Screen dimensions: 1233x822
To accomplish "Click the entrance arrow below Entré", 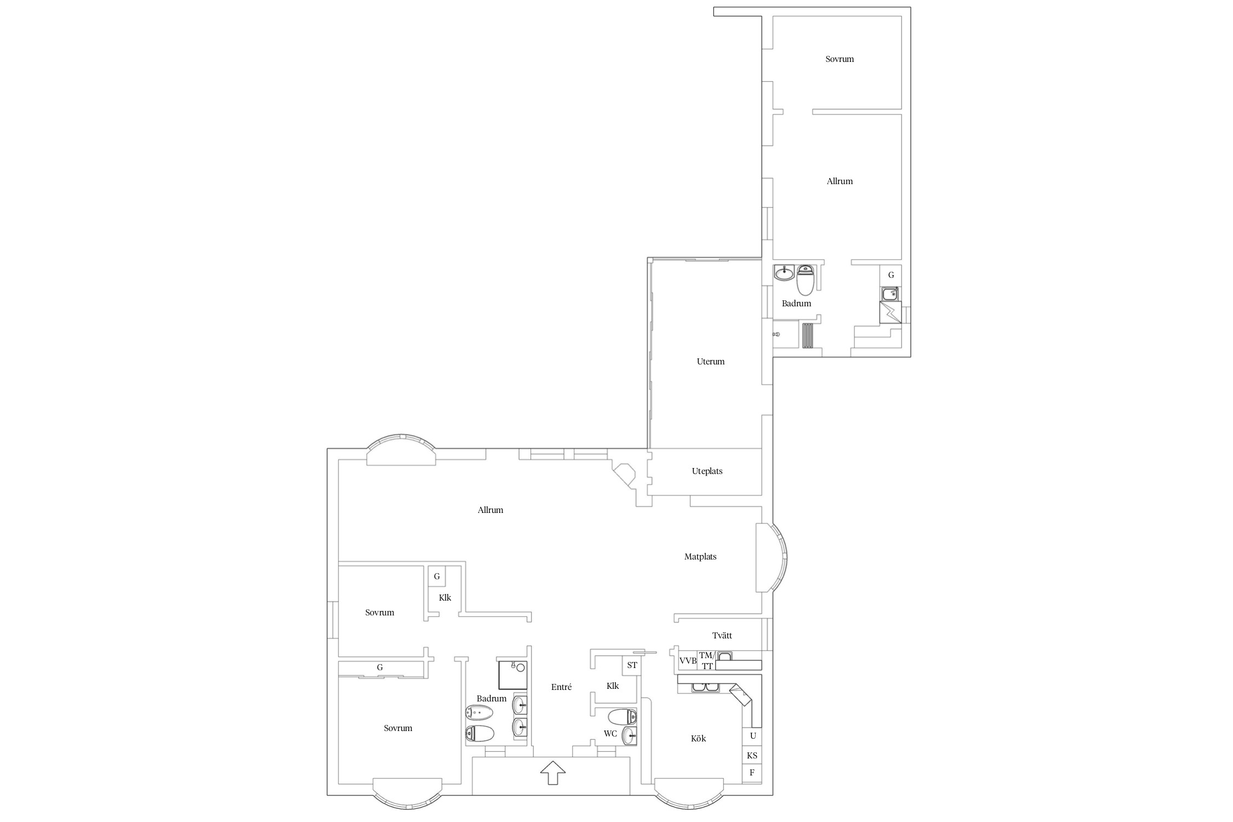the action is pos(552,773).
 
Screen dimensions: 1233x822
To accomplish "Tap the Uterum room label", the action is pos(711,362).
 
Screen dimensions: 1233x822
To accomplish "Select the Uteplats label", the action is pos(707,471).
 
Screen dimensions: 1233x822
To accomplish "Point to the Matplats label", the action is pos(700,557).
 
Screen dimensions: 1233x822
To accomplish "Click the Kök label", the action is pos(698,739).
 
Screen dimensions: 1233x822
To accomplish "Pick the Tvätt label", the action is pos(722,636).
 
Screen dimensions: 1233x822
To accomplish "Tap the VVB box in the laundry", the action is pos(688,661).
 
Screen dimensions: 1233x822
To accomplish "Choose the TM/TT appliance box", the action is pos(707,661).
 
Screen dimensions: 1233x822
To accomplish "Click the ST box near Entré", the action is pos(632,665).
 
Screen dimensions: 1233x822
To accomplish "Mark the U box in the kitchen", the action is pos(752,736).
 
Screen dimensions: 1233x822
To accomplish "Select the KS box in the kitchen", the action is pos(752,755).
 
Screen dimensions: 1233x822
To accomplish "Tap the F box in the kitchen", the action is pos(752,773).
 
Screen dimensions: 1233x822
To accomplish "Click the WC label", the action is pos(610,734).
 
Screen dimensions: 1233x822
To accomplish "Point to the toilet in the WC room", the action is pos(623,717).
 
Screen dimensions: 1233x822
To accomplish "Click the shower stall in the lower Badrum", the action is pos(513,674).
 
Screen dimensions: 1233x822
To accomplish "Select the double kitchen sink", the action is pos(705,687).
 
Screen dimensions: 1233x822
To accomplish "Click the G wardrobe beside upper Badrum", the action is pos(891,275).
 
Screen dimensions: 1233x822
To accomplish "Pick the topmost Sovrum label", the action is pos(840,59).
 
